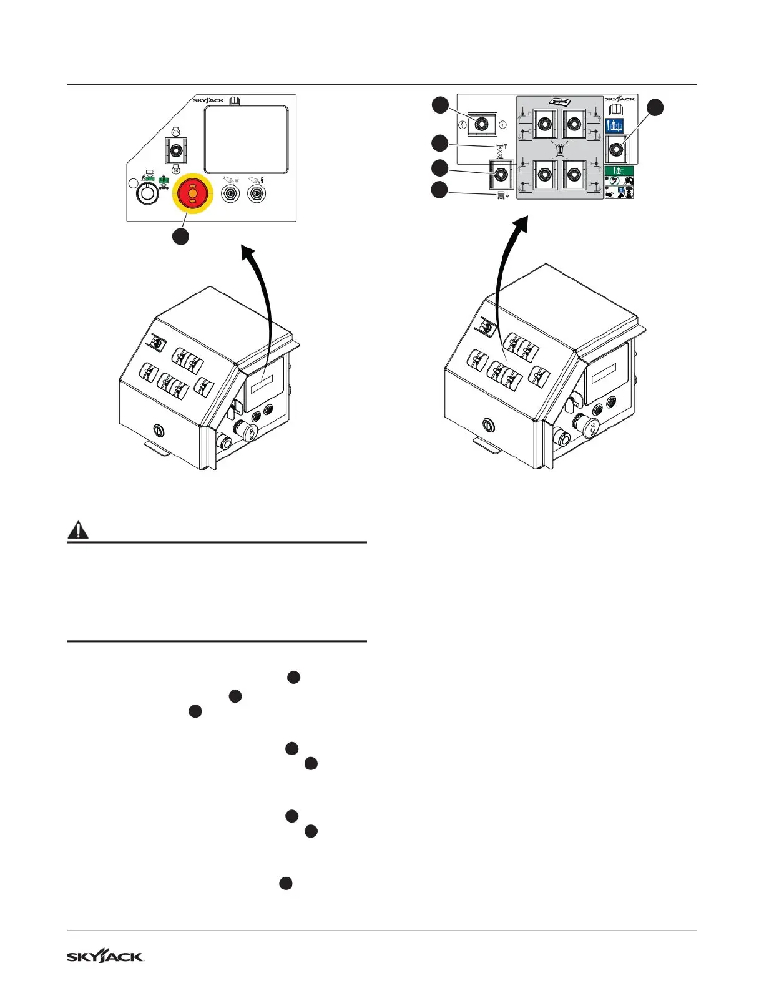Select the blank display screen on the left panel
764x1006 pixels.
pyautogui.click(x=247, y=139)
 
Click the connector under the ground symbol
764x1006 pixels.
pyautogui.click(x=231, y=195)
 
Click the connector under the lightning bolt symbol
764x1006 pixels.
pyautogui.click(x=256, y=195)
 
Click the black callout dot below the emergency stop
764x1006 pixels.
pyautogui.click(x=181, y=237)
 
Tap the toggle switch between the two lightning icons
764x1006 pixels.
pyautogui.click(x=481, y=124)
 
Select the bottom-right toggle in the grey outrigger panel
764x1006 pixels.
pyautogui.click(x=574, y=176)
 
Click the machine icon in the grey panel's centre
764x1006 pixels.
pyautogui.click(x=560, y=149)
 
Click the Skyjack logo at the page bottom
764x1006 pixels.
pyautogui.click(x=105, y=957)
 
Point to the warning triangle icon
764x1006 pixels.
pyautogui.click(x=77, y=530)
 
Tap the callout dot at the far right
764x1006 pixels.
pyautogui.click(x=655, y=107)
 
